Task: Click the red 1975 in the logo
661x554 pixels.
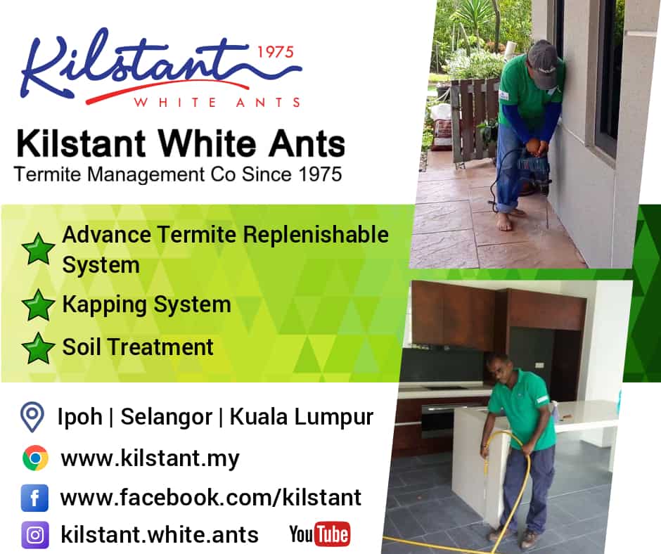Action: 275,52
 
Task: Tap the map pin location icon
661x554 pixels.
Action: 32,416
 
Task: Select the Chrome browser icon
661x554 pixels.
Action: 35,458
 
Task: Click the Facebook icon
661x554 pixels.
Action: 34,498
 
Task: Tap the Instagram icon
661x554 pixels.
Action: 35,535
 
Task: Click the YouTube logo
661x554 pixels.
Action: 319,534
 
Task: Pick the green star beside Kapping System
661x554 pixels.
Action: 38,305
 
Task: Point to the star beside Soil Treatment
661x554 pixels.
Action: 38,348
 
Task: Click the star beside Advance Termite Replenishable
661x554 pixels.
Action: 38,249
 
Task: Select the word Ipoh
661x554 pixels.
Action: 80,417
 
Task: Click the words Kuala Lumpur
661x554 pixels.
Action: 302,417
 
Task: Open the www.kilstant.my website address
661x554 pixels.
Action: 150,458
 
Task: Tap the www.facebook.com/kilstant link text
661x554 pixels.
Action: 211,498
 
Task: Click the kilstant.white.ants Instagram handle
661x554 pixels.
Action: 160,534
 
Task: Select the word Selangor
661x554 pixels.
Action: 167,417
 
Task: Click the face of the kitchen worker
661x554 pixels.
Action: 498,371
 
